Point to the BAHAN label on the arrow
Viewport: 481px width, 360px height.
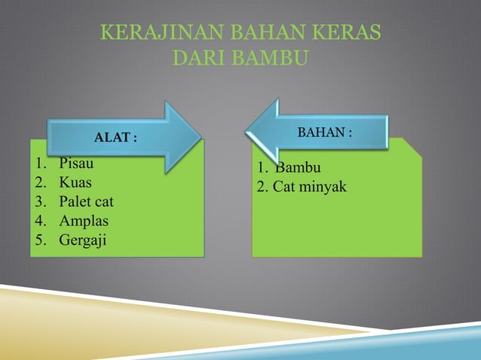click(x=325, y=132)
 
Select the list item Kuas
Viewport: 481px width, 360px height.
click(x=75, y=182)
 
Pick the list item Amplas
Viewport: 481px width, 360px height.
click(x=84, y=221)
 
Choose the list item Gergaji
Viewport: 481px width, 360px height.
click(x=84, y=241)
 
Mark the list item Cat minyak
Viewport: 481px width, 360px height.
click(x=310, y=186)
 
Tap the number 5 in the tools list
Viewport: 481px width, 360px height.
click(x=39, y=241)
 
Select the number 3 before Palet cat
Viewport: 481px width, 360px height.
click(x=39, y=202)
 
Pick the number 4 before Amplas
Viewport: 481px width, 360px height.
click(x=39, y=221)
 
